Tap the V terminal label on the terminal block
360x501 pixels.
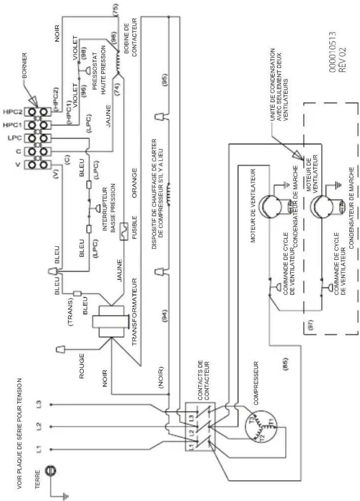18,165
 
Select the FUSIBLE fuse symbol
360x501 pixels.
124,231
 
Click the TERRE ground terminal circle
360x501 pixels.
51,471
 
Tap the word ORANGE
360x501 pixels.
134,183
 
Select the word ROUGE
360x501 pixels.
82,366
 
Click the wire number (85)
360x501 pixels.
286,365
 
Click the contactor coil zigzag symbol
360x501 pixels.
118,63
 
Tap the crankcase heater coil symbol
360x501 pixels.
168,194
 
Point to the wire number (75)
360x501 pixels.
116,10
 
